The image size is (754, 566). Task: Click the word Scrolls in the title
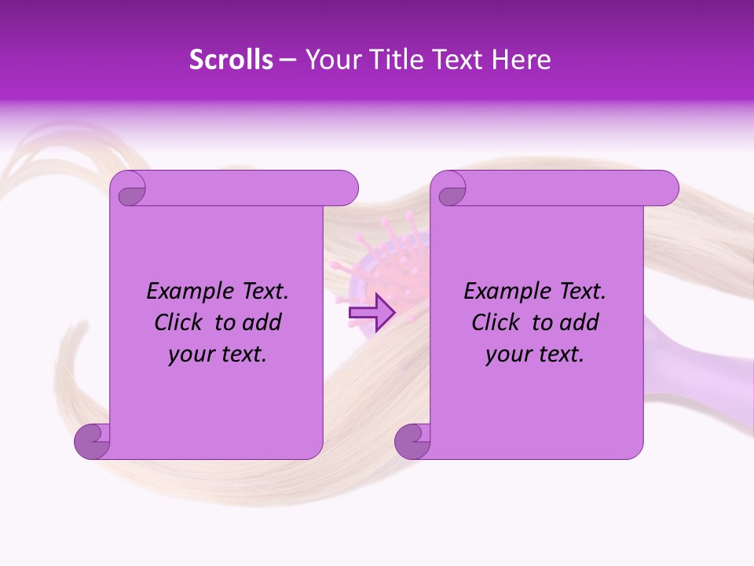[x=231, y=60]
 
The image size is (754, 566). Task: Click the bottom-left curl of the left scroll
[x=92, y=441]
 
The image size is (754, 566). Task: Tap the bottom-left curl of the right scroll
[x=412, y=441]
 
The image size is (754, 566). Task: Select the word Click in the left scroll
[x=180, y=323]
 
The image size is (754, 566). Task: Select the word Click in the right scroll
[x=496, y=323]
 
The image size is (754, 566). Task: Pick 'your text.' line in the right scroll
[x=535, y=355]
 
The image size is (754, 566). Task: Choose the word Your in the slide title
[x=330, y=60]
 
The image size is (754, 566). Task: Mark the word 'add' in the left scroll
[x=263, y=323]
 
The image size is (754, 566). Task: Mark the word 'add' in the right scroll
[x=580, y=323]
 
